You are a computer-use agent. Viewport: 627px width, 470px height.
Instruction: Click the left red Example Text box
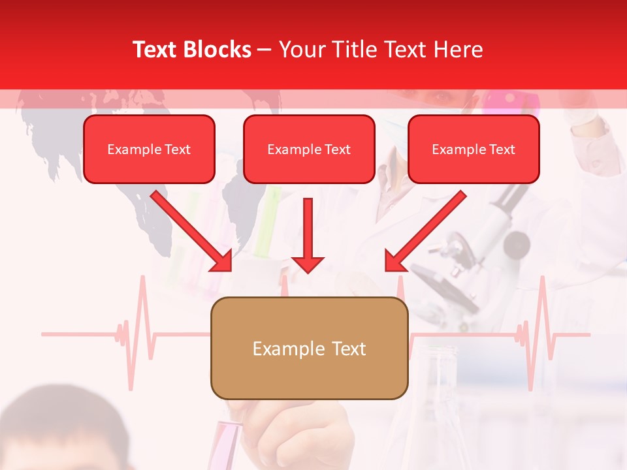pos(149,149)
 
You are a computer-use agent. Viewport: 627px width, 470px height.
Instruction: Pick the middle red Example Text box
pos(309,149)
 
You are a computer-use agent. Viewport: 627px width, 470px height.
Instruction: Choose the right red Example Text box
pos(474,149)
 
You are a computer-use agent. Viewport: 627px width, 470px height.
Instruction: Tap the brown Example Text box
pos(309,348)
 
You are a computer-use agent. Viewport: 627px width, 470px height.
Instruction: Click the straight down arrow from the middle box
pos(308,235)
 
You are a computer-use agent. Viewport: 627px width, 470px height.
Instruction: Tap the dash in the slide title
pos(265,50)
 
